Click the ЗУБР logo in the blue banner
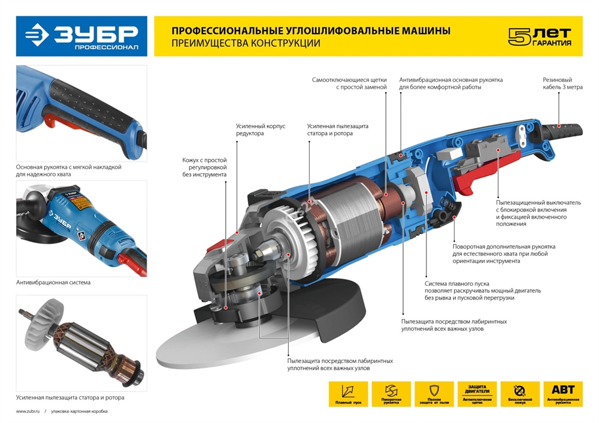tap(81, 36)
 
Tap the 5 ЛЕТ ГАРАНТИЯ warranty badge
tap(539, 37)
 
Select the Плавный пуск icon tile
tap(348, 394)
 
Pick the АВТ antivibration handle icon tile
tap(563, 394)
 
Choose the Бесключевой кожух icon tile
tap(520, 394)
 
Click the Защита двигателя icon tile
tap(477, 394)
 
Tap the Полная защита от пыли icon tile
tap(434, 394)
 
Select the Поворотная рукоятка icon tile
tap(391, 394)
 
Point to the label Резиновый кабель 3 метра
tap(562, 83)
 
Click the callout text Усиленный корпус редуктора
tap(257, 129)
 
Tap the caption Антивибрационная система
tap(49, 282)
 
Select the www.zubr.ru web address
tap(28, 412)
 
